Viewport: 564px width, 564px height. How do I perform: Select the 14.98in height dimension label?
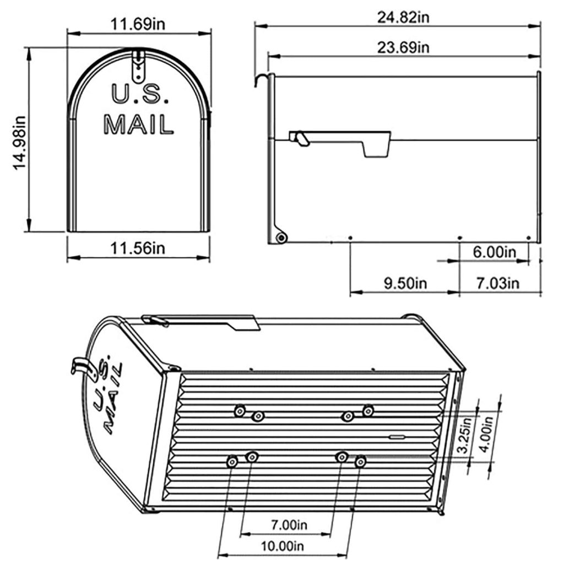tap(20, 142)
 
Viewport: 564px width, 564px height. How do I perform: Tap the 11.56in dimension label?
tap(138, 248)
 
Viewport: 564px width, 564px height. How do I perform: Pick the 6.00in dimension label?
tap(494, 252)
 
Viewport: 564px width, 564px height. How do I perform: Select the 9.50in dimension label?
tap(405, 284)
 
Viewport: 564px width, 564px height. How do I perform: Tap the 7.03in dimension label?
tap(497, 284)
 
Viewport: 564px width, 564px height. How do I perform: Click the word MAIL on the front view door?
tap(139, 124)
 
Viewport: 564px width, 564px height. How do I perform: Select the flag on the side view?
tap(341, 142)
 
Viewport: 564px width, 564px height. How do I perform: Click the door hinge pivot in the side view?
tap(281, 238)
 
